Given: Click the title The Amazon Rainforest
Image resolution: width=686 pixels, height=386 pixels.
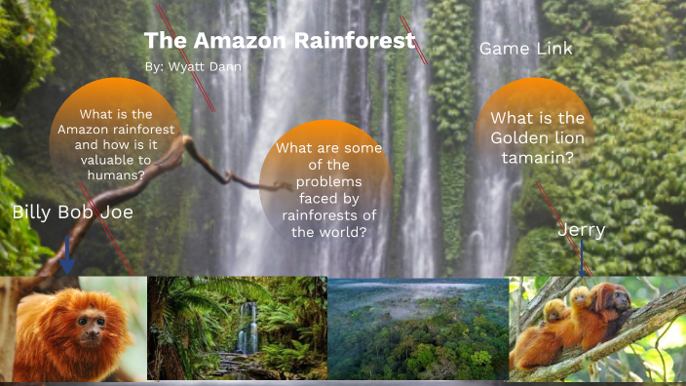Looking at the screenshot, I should pyautogui.click(x=280, y=41).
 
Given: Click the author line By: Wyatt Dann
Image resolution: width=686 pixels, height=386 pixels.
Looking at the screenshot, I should pyautogui.click(x=192, y=66).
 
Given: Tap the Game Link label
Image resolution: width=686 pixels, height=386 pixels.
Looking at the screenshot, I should pyautogui.click(x=526, y=48).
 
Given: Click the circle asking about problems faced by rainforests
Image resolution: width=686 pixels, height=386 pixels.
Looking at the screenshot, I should pyautogui.click(x=327, y=185).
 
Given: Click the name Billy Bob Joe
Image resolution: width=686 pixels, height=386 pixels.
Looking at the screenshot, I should pyautogui.click(x=73, y=212).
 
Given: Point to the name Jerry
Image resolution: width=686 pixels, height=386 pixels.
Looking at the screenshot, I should pyautogui.click(x=582, y=230).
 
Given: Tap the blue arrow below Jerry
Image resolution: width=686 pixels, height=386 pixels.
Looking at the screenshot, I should pyautogui.click(x=582, y=262).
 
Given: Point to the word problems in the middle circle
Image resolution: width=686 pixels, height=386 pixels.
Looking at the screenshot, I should pyautogui.click(x=327, y=182).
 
